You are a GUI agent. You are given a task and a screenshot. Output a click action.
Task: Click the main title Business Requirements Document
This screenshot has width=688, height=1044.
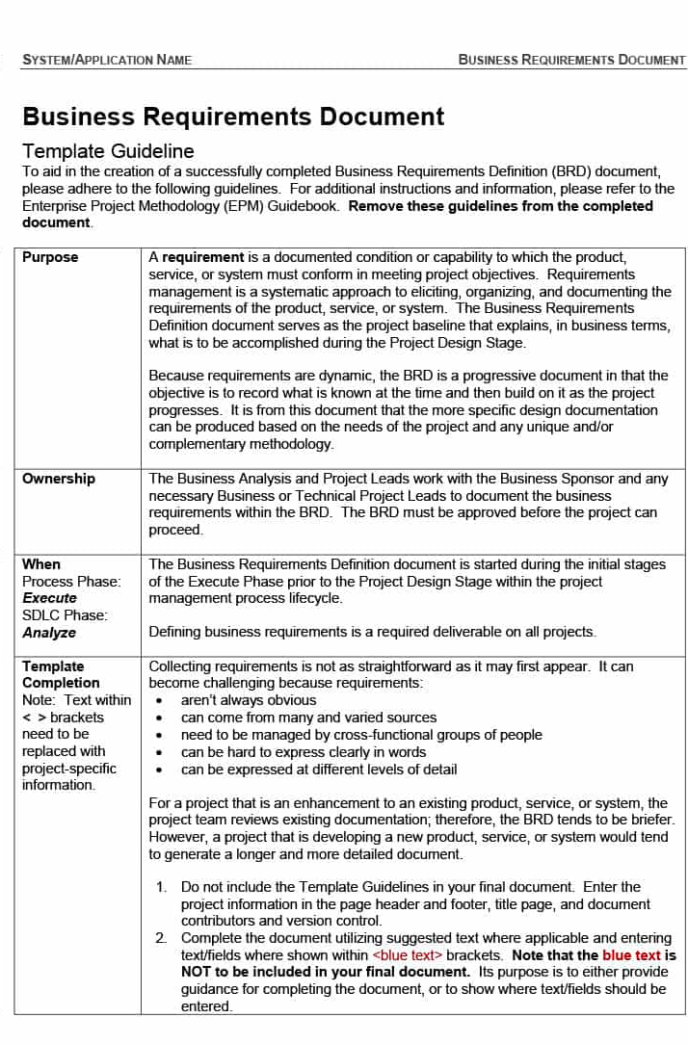point(233,117)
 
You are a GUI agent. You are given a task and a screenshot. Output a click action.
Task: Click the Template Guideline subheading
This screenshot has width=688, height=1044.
point(108,151)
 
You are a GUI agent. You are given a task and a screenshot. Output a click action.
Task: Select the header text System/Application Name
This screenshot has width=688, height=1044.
point(107,60)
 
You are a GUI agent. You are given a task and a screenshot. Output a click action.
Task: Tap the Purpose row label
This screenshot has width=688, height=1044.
point(50,257)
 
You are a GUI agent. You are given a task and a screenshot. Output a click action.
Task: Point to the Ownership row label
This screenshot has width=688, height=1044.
point(59,479)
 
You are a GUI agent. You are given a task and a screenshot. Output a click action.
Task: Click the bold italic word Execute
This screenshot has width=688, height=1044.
point(49,598)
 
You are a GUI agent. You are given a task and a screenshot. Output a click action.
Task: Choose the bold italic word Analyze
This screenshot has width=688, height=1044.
point(49,633)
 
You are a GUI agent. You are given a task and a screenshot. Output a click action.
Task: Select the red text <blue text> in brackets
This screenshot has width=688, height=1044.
point(408,955)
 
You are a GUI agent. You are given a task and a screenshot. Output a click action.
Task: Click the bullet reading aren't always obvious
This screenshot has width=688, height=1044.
point(249,700)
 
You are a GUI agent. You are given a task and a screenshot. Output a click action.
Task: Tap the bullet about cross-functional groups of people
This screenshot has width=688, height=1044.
point(361,735)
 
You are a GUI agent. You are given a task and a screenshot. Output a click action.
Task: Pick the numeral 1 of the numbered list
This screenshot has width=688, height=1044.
point(161,887)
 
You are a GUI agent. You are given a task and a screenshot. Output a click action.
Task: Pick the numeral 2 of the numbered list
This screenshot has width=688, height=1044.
point(161,938)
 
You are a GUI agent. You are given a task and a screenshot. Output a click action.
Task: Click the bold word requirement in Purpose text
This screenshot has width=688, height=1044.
point(202,257)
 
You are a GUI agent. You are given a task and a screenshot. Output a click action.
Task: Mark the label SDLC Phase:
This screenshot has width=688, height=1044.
point(65,615)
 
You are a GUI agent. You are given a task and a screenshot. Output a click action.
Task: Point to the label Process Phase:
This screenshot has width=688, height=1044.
point(71,582)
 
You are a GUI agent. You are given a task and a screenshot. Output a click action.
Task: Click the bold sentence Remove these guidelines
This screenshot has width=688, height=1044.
point(500,206)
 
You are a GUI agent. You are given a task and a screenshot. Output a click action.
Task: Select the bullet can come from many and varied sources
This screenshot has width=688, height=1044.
point(308,718)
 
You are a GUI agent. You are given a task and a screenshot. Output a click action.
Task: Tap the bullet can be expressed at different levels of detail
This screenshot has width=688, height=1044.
point(319,770)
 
